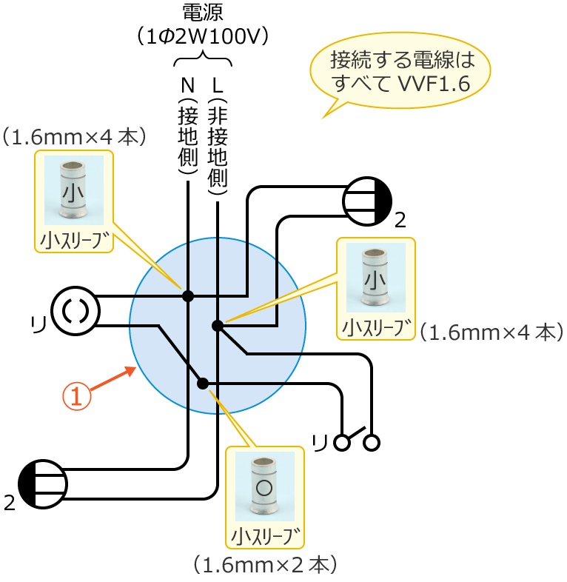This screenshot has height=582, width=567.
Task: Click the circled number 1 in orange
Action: click(x=77, y=395)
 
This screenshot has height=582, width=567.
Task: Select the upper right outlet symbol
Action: click(x=367, y=201)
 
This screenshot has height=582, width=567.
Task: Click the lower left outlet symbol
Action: click(x=43, y=484)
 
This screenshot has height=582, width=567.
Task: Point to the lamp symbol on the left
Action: click(x=76, y=310)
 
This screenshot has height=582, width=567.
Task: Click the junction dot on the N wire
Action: click(x=188, y=296)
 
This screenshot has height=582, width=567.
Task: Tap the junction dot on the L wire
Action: click(x=218, y=326)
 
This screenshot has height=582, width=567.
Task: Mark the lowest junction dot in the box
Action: click(x=203, y=384)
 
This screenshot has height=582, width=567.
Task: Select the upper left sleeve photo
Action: click(x=73, y=190)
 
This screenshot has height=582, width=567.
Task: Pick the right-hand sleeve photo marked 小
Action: click(x=375, y=278)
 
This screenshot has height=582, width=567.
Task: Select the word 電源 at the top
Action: click(x=202, y=13)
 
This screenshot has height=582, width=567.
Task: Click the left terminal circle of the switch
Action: click(x=341, y=443)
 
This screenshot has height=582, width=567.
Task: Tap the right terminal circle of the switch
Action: click(x=372, y=443)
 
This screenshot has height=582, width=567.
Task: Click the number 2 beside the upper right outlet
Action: click(x=400, y=220)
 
